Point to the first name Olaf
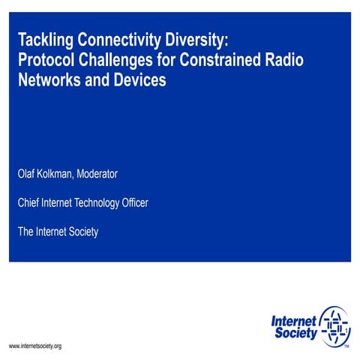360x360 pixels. tap(28, 174)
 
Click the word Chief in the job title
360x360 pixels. tap(30, 202)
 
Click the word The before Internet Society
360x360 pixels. tap(27, 232)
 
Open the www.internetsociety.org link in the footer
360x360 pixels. tap(34, 346)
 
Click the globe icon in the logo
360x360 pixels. tap(334, 326)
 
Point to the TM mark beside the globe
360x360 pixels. tap(346, 347)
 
